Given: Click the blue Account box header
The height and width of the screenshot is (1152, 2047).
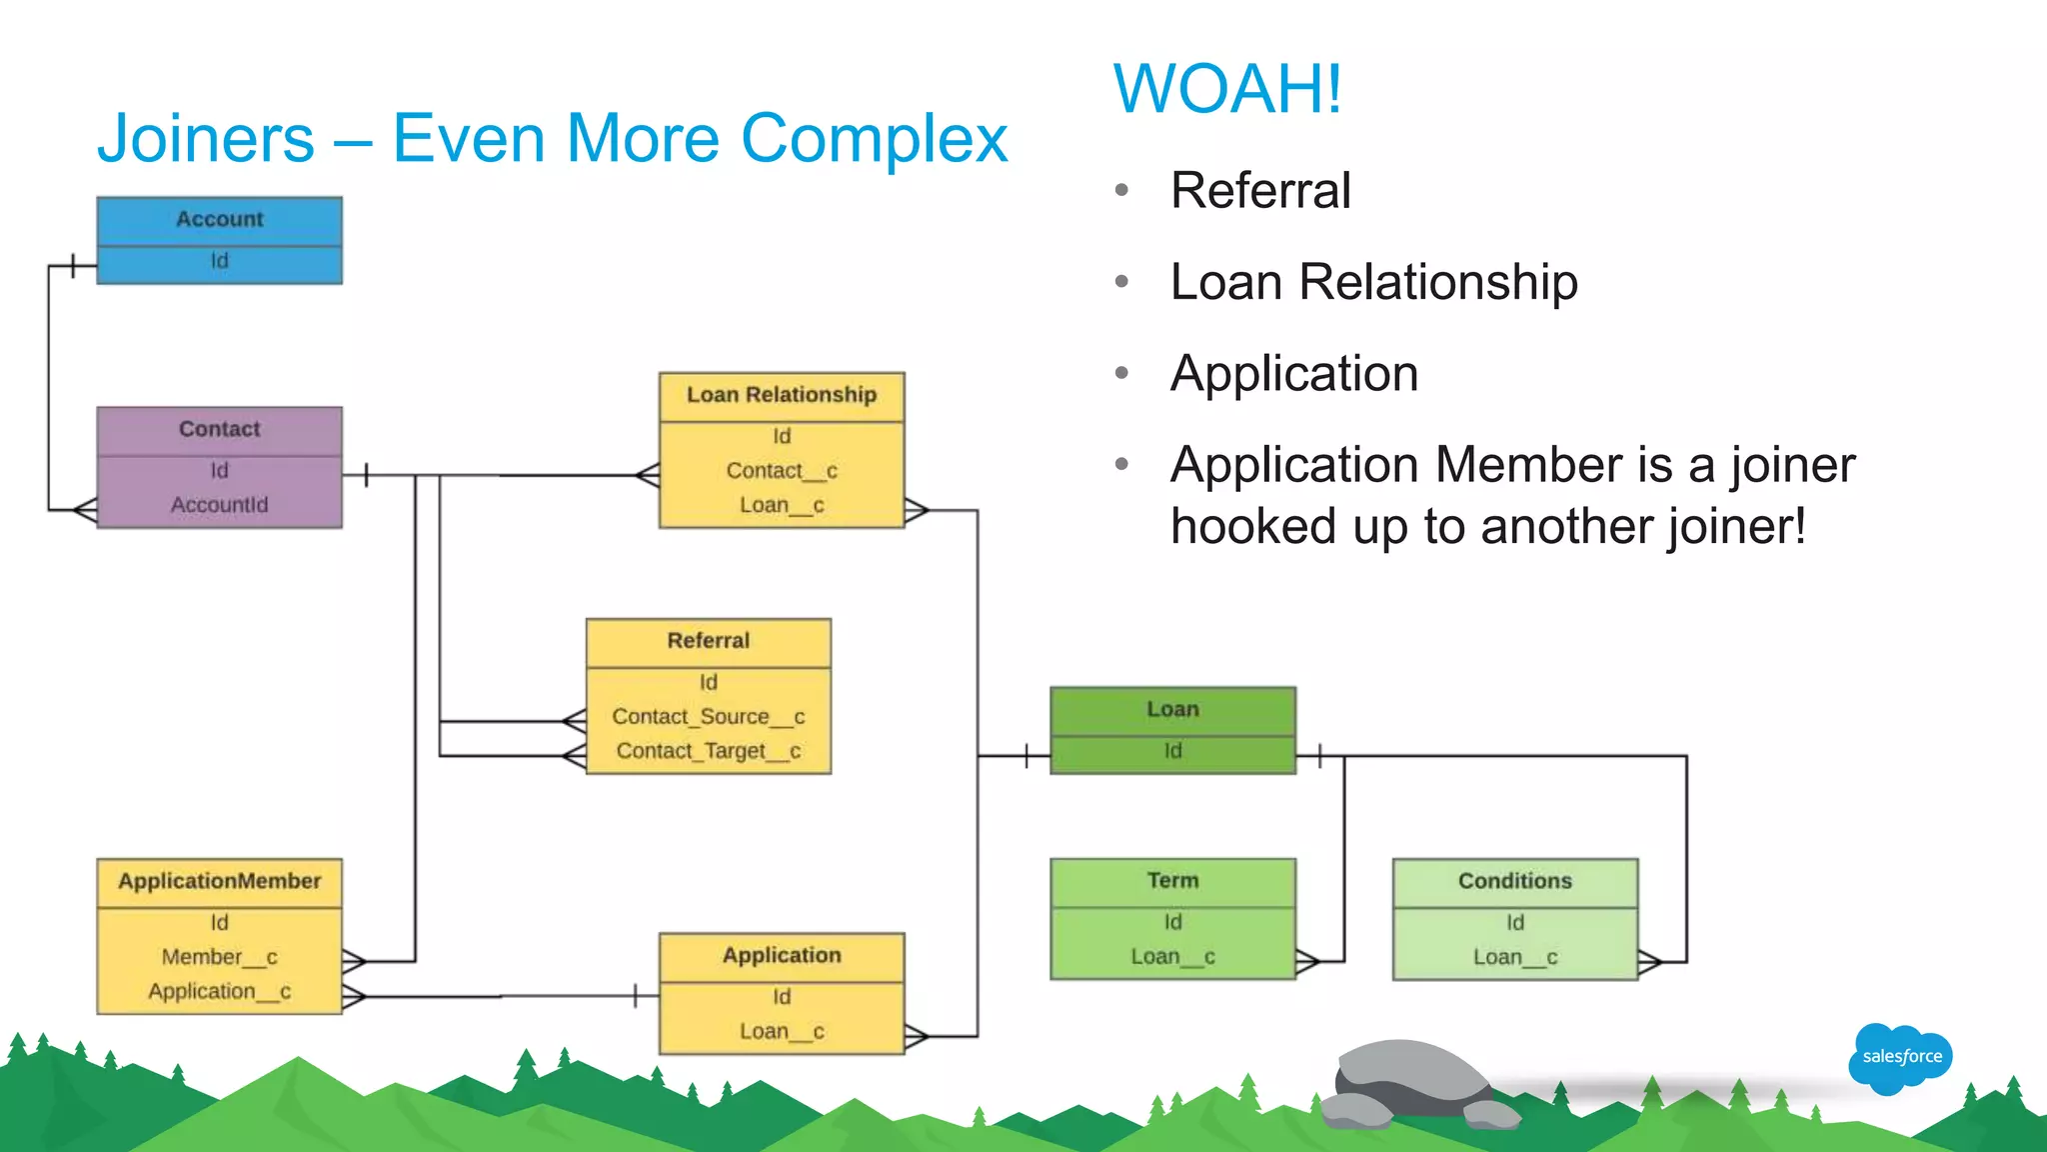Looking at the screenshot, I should [x=219, y=219].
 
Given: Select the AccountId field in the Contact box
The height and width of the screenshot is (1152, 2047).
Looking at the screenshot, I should [x=219, y=505].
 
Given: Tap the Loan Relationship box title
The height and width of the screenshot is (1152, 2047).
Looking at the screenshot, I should [x=781, y=395].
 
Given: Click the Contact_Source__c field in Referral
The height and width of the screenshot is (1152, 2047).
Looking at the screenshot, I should [x=708, y=717].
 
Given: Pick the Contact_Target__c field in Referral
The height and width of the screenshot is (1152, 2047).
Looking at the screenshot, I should [x=708, y=751].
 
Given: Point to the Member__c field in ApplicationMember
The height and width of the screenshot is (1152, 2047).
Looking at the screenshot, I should [x=219, y=957].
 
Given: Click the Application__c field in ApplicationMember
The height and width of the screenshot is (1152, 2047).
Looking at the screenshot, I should [x=219, y=991].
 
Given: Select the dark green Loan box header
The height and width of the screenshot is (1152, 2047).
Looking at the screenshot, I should [x=1172, y=709].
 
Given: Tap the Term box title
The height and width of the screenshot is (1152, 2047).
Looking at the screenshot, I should [x=1172, y=881].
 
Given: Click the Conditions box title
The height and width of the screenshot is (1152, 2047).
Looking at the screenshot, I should [x=1514, y=881].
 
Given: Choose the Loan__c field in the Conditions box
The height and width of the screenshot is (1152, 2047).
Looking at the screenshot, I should [x=1514, y=957].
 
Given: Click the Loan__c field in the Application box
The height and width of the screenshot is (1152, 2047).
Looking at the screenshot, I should [x=781, y=1031].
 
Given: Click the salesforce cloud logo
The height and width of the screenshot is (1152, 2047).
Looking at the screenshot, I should [x=1900, y=1057].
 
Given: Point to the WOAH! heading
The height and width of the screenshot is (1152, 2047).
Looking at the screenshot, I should [x=1227, y=89].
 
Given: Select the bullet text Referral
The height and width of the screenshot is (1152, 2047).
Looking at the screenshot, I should [x=1260, y=190].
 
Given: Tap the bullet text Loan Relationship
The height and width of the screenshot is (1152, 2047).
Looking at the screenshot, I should [x=1373, y=282].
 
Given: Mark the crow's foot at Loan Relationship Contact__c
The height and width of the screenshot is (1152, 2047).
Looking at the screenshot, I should [x=648, y=475].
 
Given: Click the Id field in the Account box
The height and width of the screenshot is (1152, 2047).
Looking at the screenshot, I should [x=219, y=261].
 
